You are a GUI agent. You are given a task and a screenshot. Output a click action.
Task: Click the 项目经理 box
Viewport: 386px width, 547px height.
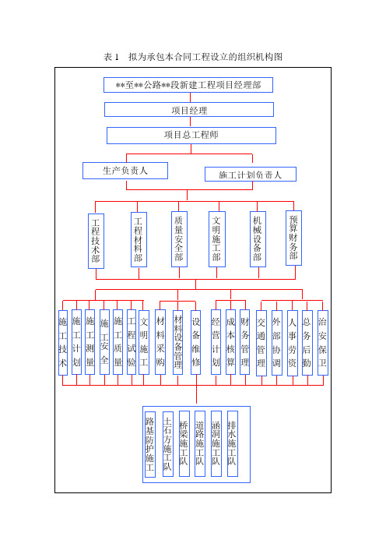coord(189,110)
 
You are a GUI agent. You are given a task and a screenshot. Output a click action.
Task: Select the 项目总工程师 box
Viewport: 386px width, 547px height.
coord(191,136)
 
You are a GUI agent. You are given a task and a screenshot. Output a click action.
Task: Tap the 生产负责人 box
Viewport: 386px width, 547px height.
coord(125,171)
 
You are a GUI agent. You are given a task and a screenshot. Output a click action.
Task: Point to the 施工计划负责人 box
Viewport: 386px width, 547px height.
coord(251,174)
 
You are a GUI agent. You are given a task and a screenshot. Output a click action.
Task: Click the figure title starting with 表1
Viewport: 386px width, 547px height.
coord(193,57)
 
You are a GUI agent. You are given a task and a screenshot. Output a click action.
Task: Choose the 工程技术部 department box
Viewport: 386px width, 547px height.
coord(96,241)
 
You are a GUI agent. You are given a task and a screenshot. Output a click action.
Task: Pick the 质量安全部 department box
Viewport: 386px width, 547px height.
coord(180,239)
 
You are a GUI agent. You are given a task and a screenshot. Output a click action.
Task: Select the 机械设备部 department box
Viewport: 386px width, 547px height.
coord(258,239)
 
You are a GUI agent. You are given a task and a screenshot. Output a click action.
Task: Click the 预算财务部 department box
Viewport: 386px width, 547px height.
coord(293,238)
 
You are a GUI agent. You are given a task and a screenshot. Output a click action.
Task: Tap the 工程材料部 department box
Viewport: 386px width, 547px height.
coord(139,240)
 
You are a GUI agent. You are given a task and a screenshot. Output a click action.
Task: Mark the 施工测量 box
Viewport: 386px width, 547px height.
coord(89,342)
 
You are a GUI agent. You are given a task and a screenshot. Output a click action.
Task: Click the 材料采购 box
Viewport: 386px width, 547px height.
coord(160,342)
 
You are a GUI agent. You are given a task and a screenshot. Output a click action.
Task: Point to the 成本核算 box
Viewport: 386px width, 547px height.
coord(230,342)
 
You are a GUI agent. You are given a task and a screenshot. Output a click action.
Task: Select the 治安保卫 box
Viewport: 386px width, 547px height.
coord(323,343)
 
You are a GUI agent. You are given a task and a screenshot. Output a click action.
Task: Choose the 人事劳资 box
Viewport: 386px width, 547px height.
coord(293,344)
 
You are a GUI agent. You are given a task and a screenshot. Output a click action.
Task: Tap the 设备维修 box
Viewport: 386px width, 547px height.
coord(196,343)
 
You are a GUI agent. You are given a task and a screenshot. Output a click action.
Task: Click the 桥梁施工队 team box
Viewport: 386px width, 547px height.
coord(184,443)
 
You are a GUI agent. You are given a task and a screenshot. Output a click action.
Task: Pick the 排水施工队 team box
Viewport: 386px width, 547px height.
coord(233,443)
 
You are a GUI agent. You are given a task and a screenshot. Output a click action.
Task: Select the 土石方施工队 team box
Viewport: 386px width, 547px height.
coord(168,443)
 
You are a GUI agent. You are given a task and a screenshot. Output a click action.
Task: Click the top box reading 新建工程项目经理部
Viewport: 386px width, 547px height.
coord(188,85)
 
